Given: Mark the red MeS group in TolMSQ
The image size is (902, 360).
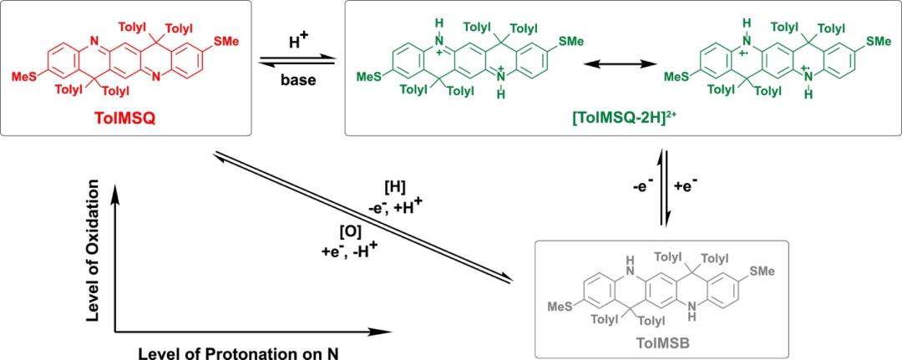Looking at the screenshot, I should point(23,76).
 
